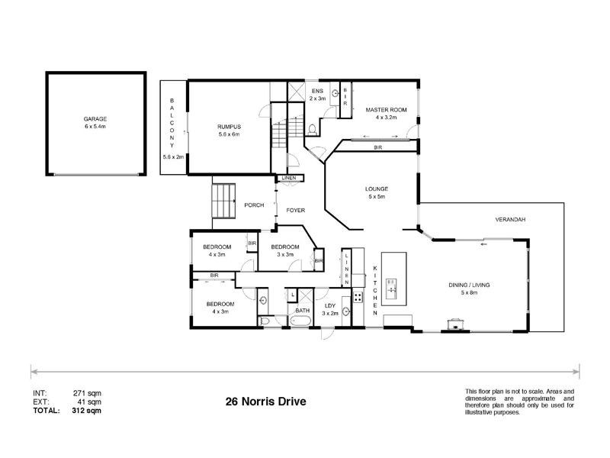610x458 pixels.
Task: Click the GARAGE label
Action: pos(95,120)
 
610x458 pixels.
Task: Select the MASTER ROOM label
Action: pos(390,110)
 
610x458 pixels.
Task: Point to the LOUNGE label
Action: pos(377,189)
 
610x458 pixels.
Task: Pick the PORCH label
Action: pos(254,205)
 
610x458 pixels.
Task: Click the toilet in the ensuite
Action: pos(313,127)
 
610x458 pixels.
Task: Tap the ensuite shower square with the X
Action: pos(296,91)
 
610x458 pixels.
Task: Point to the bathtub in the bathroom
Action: pos(299,322)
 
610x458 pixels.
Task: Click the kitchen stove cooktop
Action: pos(356,297)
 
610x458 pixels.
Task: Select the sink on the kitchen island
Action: pos(392,289)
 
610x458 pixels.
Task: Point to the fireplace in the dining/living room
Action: pos(457,323)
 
